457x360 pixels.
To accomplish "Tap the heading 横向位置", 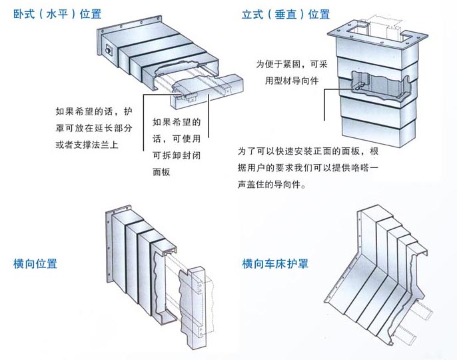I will pyautogui.click(x=35, y=263).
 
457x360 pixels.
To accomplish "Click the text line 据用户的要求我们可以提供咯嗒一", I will pyautogui.click(x=308, y=169).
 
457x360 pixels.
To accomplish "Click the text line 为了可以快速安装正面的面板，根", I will pyautogui.click(x=308, y=153).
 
